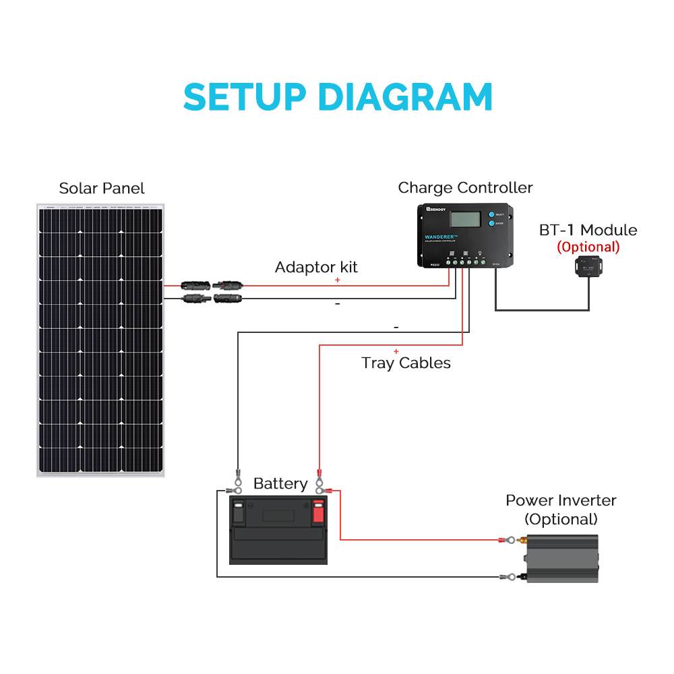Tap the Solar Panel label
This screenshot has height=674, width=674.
click(x=102, y=188)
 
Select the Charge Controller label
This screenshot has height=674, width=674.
click(x=465, y=187)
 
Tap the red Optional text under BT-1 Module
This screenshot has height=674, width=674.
click(x=588, y=247)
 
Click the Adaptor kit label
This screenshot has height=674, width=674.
click(x=316, y=267)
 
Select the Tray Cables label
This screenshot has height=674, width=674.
click(x=406, y=363)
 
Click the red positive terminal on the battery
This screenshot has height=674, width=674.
click(x=318, y=512)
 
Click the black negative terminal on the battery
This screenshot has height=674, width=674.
click(x=239, y=512)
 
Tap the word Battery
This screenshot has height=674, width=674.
click(x=280, y=483)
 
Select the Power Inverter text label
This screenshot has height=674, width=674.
click(x=561, y=500)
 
